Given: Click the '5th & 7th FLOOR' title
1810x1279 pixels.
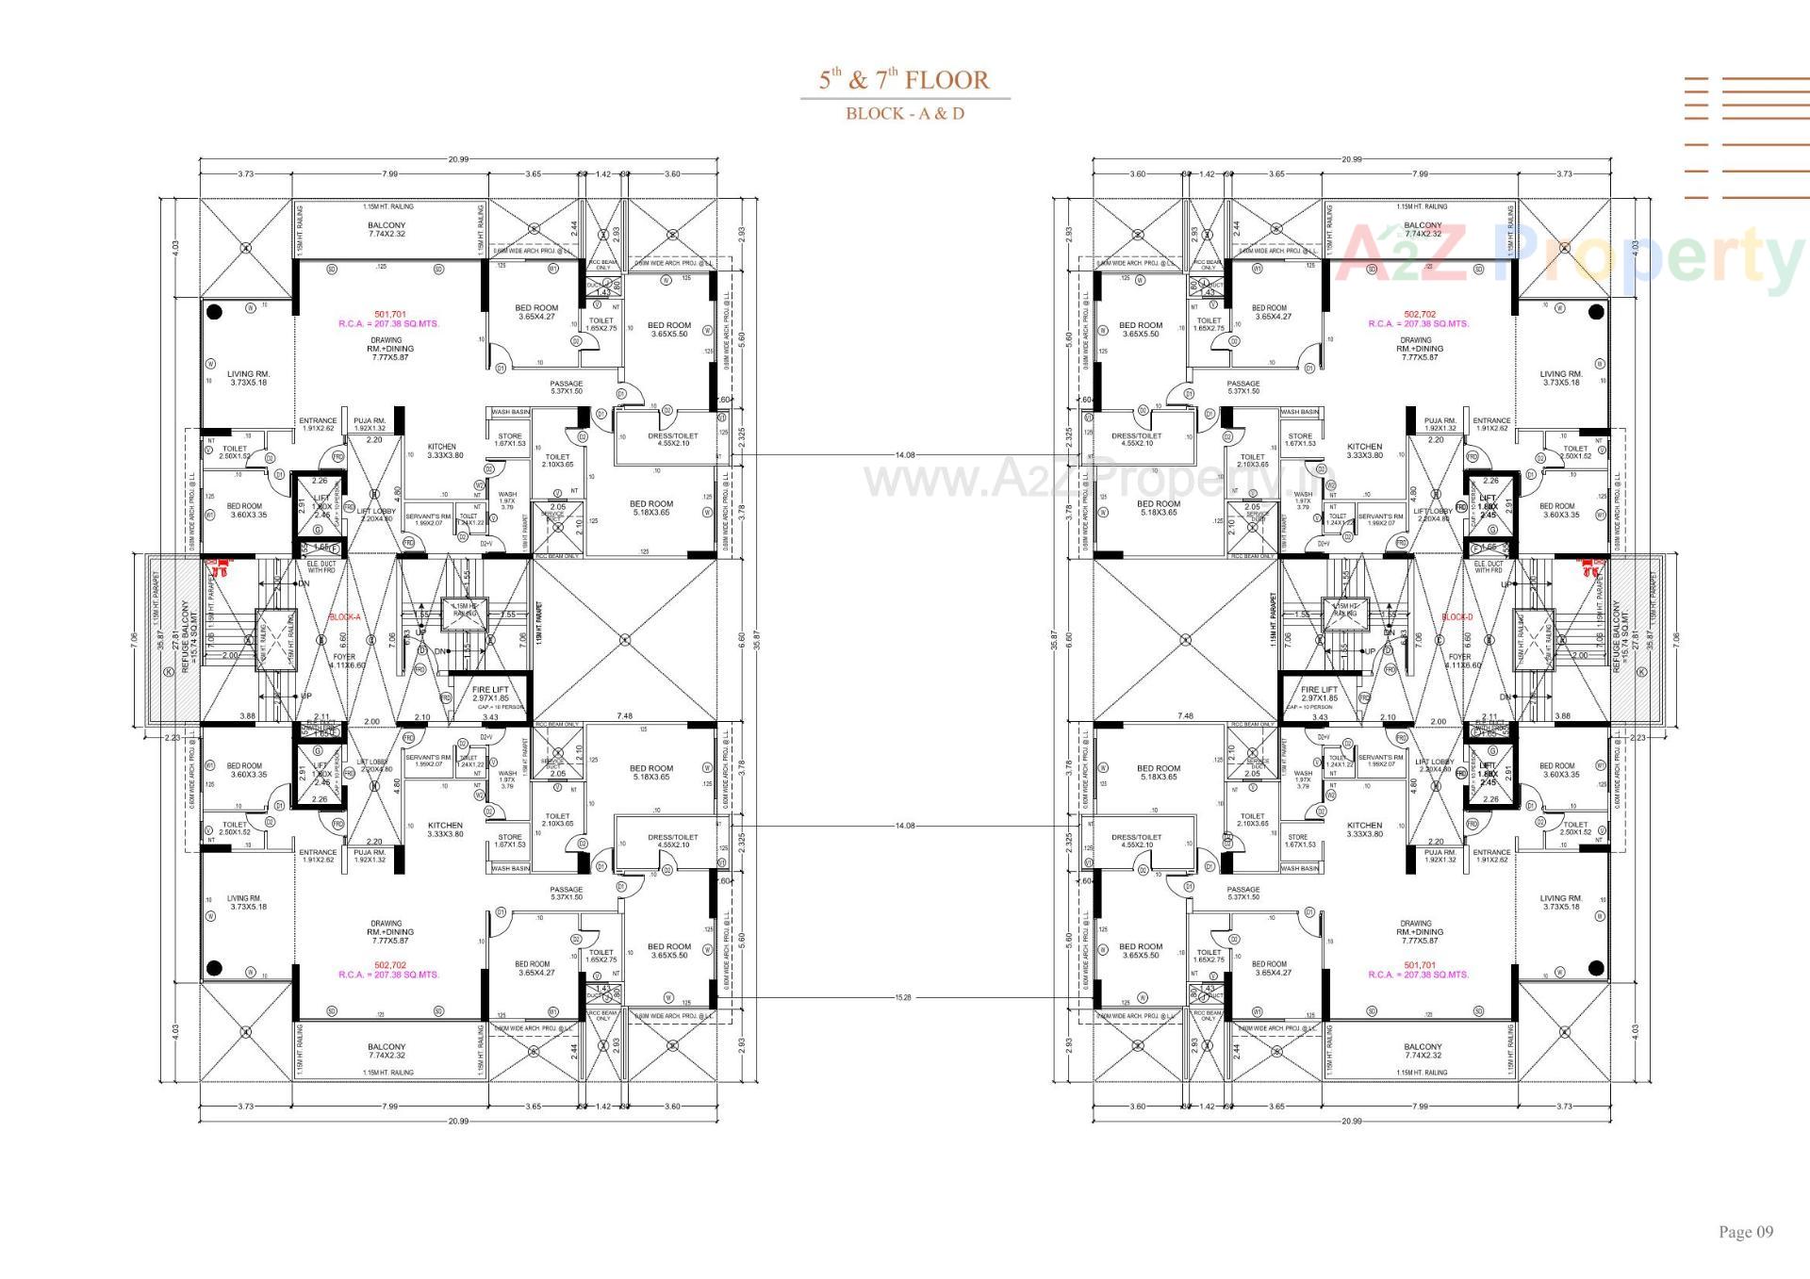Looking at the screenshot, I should tap(904, 80).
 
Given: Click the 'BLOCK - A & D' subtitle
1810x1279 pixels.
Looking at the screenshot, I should tap(904, 114).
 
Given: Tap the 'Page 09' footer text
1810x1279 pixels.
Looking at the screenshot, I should tap(1745, 1232).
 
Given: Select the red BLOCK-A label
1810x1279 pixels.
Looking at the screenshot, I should tap(344, 617).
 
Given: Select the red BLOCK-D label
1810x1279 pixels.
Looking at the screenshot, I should tap(1456, 617).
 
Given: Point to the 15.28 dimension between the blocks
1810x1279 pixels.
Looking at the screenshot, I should tap(904, 997).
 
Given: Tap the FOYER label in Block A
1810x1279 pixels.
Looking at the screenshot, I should tap(344, 658).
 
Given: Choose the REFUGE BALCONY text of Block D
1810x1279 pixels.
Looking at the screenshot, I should tap(1619, 637).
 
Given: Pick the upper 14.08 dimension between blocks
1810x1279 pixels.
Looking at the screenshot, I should tap(904, 455).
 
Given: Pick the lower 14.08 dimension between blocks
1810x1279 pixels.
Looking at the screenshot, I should tap(904, 826).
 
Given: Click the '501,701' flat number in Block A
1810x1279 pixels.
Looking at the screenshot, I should tap(389, 314).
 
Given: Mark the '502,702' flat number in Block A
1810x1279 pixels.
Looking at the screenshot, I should tap(389, 965).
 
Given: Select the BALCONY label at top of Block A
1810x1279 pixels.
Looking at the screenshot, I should tap(387, 225).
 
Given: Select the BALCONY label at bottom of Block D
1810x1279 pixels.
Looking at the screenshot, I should tap(1422, 1046).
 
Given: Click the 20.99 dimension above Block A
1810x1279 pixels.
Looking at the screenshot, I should tap(458, 159).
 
